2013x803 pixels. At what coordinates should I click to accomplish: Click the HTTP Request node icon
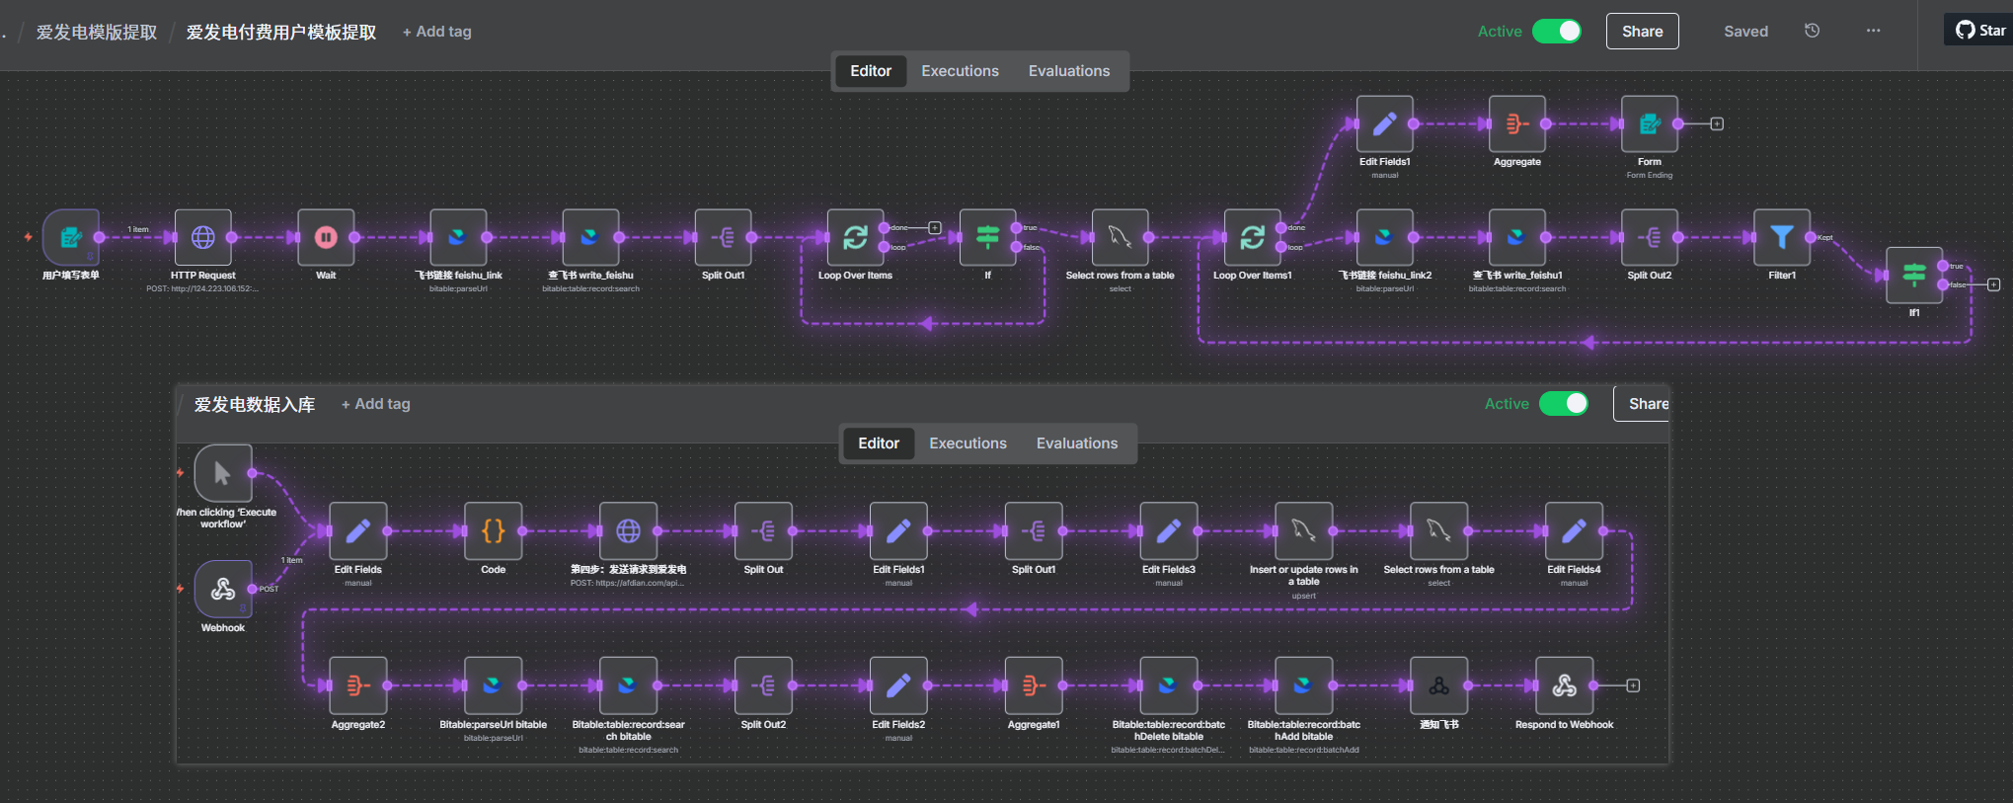click(x=203, y=237)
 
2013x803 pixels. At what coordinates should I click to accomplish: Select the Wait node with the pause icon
click(x=326, y=237)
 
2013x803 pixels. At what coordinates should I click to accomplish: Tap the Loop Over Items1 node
click(x=1252, y=237)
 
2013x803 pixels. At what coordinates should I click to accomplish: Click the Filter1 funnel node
click(x=1781, y=237)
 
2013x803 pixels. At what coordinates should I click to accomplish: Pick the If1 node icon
click(x=1913, y=275)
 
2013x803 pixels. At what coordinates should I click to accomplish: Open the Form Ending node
click(x=1649, y=124)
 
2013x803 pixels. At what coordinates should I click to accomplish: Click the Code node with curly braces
click(x=493, y=531)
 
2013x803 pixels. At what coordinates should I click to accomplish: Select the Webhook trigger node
click(x=223, y=589)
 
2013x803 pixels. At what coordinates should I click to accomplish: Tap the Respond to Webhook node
click(x=1564, y=685)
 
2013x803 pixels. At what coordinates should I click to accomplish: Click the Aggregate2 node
click(x=357, y=685)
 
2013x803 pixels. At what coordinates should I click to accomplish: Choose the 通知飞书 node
click(x=1438, y=685)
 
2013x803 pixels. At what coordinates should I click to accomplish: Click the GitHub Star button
click(x=1980, y=31)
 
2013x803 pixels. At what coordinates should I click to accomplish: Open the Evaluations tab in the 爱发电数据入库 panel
click(x=1076, y=443)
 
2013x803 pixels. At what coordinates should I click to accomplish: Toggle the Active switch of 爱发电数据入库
click(x=1564, y=404)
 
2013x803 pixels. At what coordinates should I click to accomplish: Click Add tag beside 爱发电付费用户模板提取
click(x=436, y=32)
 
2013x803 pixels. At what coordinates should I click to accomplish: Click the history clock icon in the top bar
click(x=1812, y=31)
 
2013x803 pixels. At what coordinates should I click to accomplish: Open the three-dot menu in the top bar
click(x=1873, y=31)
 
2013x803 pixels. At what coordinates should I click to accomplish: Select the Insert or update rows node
click(x=1303, y=531)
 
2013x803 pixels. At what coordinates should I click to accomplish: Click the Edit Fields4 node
click(x=1574, y=531)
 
